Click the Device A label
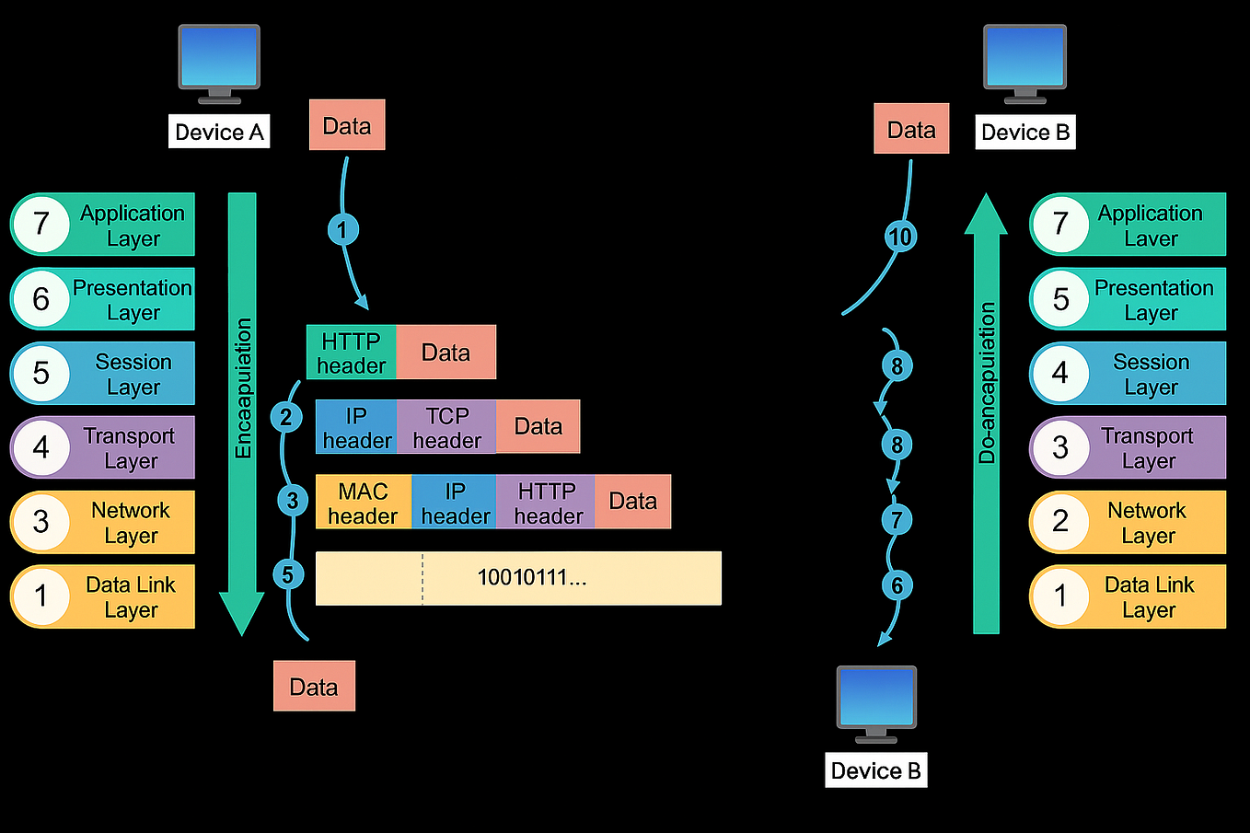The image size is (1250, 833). coord(219,132)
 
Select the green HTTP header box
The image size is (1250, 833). coord(351,353)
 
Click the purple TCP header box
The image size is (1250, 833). coord(446,427)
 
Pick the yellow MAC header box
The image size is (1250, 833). coord(363,503)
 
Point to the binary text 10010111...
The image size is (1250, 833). coord(531,578)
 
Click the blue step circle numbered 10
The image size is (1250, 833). coord(899,237)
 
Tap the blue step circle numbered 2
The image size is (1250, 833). coord(286,417)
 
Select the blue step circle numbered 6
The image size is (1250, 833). coord(897,584)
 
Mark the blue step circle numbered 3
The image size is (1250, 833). coord(293,501)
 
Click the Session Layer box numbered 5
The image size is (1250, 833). coord(103,374)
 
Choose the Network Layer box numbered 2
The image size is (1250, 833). coord(1128,522)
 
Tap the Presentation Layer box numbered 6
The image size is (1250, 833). coord(103,299)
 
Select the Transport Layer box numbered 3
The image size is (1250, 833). coord(1128,447)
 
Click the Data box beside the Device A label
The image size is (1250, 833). coord(347,125)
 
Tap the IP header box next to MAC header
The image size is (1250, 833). coord(454,503)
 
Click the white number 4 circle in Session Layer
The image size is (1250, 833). coord(1060,373)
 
